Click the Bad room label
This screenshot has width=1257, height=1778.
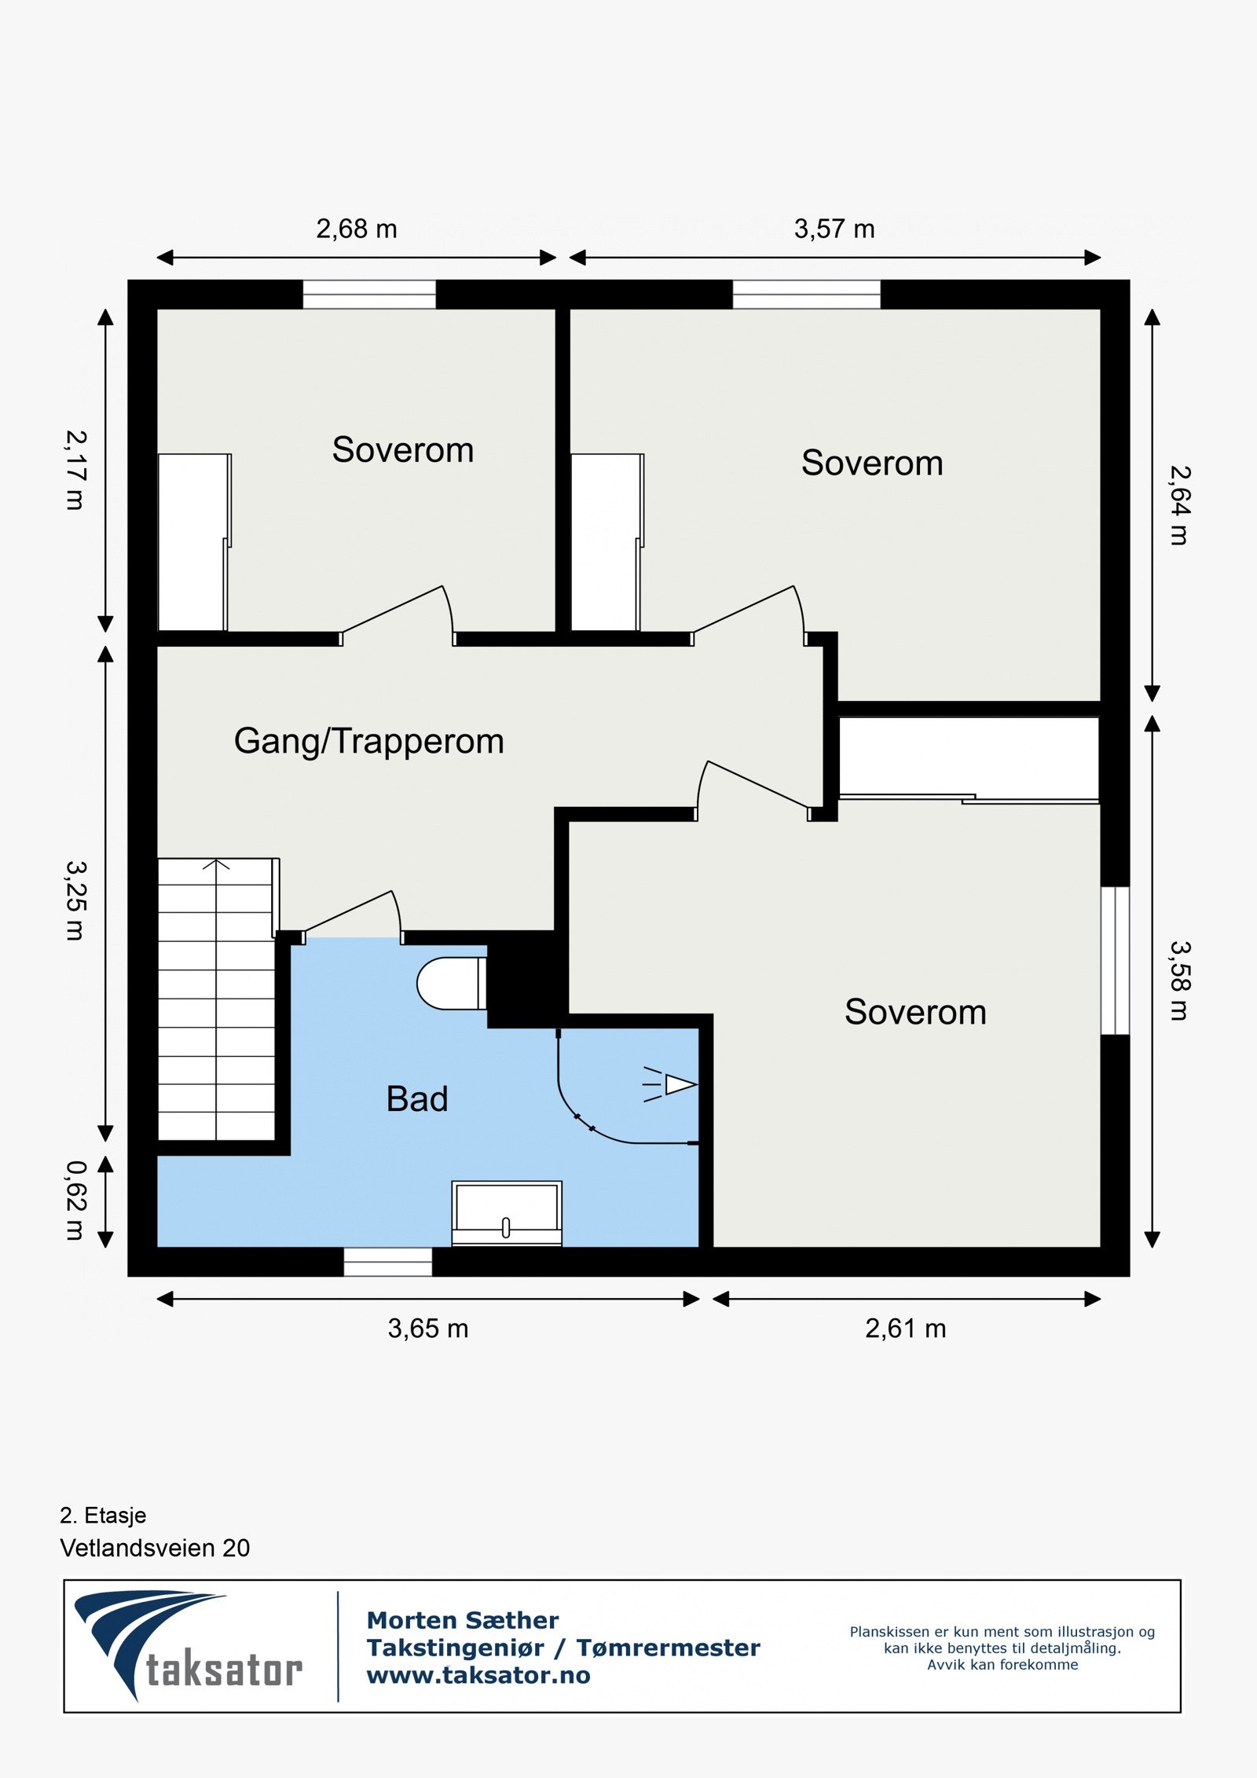[417, 1099]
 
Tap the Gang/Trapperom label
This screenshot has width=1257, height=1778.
[368, 742]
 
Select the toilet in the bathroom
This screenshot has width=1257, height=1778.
[451, 983]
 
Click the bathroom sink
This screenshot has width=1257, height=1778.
[507, 1213]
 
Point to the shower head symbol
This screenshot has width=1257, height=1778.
[670, 1085]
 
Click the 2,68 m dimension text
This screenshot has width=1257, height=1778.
[357, 229]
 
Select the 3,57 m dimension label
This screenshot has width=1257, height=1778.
[834, 229]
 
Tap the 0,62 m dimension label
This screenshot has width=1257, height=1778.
[75, 1201]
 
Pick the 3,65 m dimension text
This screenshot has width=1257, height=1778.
[428, 1329]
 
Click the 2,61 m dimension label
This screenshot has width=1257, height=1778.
[906, 1329]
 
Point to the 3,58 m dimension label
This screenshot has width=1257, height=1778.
[1180, 981]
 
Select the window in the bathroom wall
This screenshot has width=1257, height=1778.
[388, 1262]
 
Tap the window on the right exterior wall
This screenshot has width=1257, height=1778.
[1115, 960]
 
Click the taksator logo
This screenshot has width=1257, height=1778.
[189, 1645]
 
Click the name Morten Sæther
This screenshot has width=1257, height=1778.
[463, 1620]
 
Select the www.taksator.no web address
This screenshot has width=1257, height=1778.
[478, 1675]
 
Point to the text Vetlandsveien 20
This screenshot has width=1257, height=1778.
[155, 1548]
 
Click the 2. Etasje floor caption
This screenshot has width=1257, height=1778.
[103, 1515]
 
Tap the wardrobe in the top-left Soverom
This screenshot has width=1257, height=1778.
[193, 542]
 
